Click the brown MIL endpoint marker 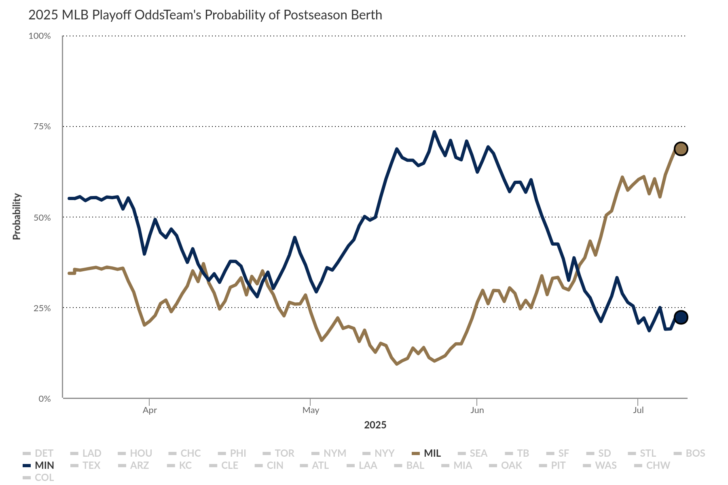(681, 149)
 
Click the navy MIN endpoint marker (681, 317)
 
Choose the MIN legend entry (39, 465)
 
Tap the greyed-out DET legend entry (38, 453)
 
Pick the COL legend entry (39, 477)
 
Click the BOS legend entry (690, 453)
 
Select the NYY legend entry (379, 453)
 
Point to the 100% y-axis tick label (40, 36)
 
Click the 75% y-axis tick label (42, 127)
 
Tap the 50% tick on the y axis (42, 217)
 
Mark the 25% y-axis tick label (42, 308)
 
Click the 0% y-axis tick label (44, 399)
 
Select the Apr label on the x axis (150, 410)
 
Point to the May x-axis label (311, 410)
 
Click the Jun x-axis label (477, 410)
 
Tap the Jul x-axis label (638, 410)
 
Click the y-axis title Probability (17, 217)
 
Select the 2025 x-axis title (375, 425)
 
